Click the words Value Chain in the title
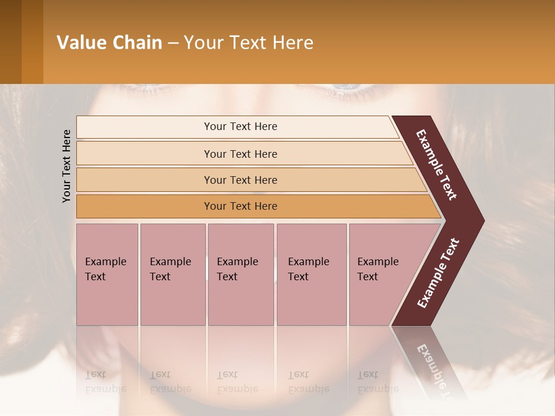coord(109,43)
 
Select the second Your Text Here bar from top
coord(240,154)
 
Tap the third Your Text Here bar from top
coord(240,180)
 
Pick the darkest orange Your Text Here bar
coord(240,206)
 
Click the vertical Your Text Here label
coord(67,166)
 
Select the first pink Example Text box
coord(107,274)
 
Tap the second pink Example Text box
coord(172,274)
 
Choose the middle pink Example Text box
coord(240,274)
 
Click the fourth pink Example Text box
coord(311,274)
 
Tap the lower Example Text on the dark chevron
coord(438,273)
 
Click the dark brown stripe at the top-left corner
coord(10,42)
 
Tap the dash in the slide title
coord(173,43)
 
